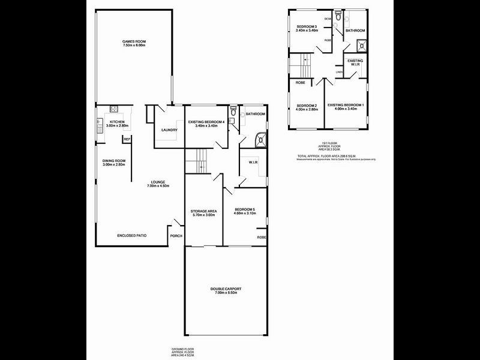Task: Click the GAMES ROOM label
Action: [134, 41]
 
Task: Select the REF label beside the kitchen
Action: [127, 139]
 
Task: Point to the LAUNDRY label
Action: [168, 130]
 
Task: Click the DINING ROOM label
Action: [113, 160]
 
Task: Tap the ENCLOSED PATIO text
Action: [132, 236]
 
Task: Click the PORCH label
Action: [176, 236]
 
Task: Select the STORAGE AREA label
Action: [203, 211]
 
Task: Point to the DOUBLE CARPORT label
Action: [226, 289]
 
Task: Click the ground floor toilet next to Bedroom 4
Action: [233, 112]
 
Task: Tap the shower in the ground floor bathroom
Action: [260, 140]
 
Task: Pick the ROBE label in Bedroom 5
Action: [262, 238]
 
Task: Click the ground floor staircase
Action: [196, 161]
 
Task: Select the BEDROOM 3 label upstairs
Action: [307, 26]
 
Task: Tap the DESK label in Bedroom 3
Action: [328, 19]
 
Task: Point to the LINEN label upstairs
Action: [339, 73]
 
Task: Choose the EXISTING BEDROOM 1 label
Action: [346, 106]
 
